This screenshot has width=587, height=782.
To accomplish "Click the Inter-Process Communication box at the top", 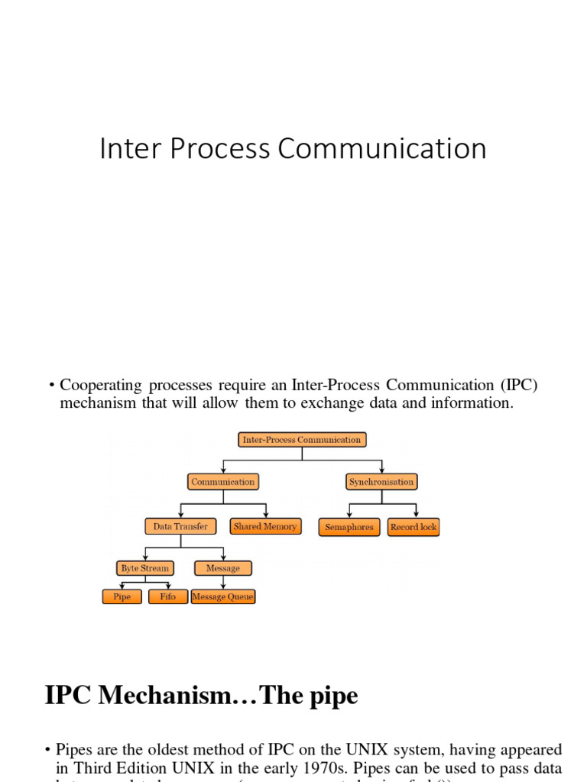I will [x=302, y=440].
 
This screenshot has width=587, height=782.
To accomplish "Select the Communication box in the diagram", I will [x=223, y=482].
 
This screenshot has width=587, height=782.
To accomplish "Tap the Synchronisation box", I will [x=381, y=482].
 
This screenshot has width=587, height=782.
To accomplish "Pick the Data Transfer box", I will [x=180, y=526].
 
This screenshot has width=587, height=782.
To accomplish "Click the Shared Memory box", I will [x=265, y=526].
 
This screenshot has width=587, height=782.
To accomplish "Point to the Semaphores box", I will [x=349, y=527].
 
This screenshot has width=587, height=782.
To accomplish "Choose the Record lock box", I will [x=413, y=527].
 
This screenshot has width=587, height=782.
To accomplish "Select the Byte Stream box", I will [x=144, y=568].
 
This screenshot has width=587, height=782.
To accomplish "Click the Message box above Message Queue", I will [x=223, y=568].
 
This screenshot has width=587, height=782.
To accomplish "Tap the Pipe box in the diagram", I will [x=122, y=596].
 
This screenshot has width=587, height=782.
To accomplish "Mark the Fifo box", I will [x=168, y=596].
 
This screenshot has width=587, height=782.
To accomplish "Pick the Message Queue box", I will [x=223, y=596].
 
